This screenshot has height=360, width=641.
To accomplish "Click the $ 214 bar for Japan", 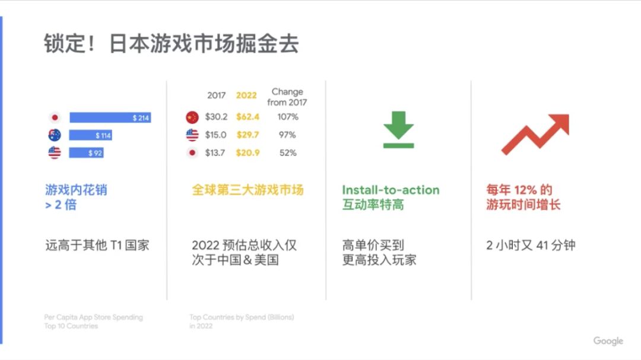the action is [110, 117].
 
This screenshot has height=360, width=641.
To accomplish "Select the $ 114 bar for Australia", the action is [90, 135].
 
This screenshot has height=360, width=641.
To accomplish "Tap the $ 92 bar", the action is [86, 153].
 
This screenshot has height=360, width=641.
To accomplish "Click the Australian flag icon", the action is [55, 135].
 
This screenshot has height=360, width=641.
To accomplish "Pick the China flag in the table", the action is [192, 117].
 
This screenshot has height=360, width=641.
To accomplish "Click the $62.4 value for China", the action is [247, 117].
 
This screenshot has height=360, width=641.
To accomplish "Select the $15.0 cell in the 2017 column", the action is [215, 135].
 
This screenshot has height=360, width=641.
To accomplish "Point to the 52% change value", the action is [288, 153].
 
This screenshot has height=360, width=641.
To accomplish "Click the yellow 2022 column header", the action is [246, 95].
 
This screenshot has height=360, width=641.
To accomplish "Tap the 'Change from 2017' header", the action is [287, 97].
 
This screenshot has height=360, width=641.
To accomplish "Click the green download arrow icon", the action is [399, 129].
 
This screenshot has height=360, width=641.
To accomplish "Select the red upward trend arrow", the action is [535, 134].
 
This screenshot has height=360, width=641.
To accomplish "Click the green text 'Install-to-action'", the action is [391, 190].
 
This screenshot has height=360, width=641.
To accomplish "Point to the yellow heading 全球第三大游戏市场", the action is [247, 190].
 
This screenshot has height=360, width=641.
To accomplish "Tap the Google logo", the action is [608, 341].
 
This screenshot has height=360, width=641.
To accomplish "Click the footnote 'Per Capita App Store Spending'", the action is [94, 317].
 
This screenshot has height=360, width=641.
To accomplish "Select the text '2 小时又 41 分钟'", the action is [531, 245].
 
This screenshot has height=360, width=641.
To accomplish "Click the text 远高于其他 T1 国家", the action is [97, 245].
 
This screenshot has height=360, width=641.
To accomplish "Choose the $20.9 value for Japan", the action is [247, 153].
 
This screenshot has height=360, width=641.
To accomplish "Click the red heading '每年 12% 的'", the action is [519, 190].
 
